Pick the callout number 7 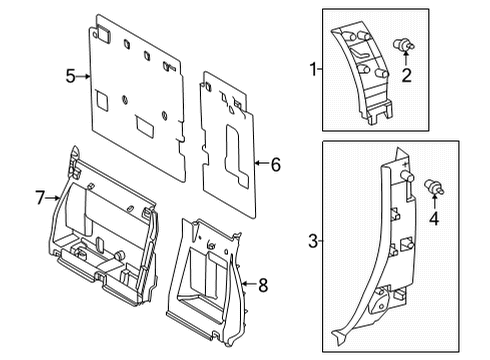(40, 198)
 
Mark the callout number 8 (263, 286)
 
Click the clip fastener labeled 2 (405, 44)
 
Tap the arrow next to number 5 (85, 75)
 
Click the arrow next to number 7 (54, 198)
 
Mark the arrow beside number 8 (249, 286)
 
